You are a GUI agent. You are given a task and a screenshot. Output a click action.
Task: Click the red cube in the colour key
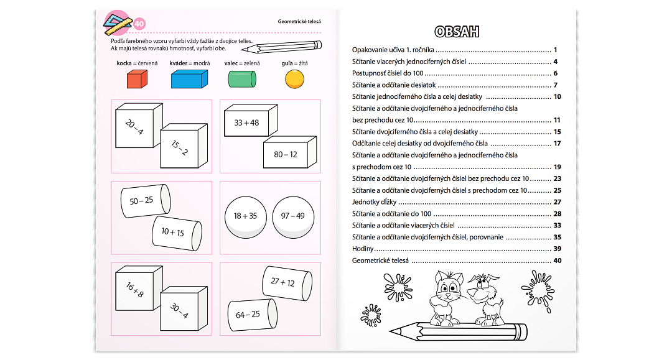[x=137, y=80]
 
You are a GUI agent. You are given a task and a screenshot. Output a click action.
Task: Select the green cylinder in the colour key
[x=242, y=80]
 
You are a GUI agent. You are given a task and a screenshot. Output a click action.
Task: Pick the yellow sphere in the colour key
[x=295, y=79]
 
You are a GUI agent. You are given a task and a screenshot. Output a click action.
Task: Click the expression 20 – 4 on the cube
[x=134, y=127]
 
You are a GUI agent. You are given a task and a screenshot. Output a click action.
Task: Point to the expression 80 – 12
[x=286, y=154]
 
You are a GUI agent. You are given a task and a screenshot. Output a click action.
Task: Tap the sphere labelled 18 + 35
[x=245, y=216]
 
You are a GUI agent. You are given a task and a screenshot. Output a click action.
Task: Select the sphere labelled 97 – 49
[x=292, y=216]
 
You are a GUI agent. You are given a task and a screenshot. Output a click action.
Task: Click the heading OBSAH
[x=457, y=32]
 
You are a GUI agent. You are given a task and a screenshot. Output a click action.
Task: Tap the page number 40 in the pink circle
[x=139, y=24]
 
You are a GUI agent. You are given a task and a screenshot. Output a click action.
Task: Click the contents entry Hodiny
[x=363, y=249]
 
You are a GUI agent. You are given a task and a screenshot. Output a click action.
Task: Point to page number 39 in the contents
[x=557, y=249]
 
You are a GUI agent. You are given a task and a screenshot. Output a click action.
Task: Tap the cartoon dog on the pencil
[x=485, y=297]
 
